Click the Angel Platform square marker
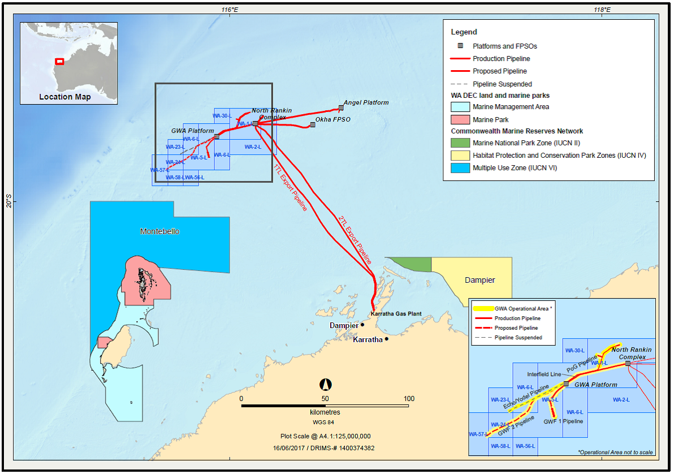click(341, 107)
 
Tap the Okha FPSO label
click(333, 120)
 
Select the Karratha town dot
click(387, 339)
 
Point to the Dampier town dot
click(362, 325)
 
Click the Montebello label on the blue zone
click(159, 231)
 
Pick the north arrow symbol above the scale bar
click(325, 385)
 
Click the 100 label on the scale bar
click(408, 399)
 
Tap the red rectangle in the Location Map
click(59, 62)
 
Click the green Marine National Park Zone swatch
click(460, 143)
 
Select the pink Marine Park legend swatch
click(460, 119)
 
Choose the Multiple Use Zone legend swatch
click(460, 168)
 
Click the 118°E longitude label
click(602, 10)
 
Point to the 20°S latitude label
click(8, 201)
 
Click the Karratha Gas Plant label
click(396, 314)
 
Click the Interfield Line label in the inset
click(544, 374)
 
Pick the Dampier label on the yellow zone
click(479, 280)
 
